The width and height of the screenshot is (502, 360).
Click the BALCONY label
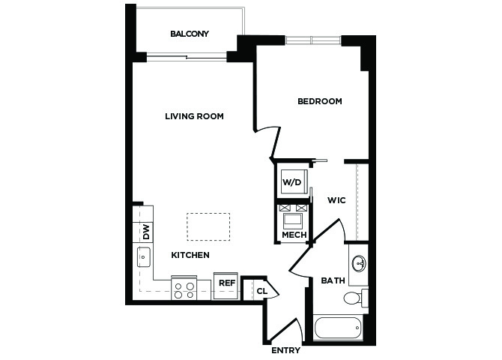pyautogui.click(x=190, y=34)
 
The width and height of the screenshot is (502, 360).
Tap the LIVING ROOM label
pyautogui.click(x=194, y=116)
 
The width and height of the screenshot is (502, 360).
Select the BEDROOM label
pyautogui.click(x=320, y=101)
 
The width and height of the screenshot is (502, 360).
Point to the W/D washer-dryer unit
pyautogui.click(x=294, y=181)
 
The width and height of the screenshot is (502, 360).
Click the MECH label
pyautogui.click(x=294, y=235)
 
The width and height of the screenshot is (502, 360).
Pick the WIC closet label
pyautogui.click(x=336, y=200)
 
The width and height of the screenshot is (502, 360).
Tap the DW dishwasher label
pyautogui.click(x=146, y=232)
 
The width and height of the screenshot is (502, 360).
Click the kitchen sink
pyautogui.click(x=144, y=257)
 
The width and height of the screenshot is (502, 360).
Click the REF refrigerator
pyautogui.click(x=226, y=286)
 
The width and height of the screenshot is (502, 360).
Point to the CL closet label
pyautogui.click(x=262, y=292)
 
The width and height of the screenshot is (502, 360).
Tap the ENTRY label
pyautogui.click(x=285, y=350)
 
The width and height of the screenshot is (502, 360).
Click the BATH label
pyautogui.click(x=333, y=280)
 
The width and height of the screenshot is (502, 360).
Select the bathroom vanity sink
pyautogui.click(x=359, y=263)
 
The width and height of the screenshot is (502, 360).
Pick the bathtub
pyautogui.click(x=338, y=328)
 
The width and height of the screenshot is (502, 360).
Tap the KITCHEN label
pyautogui.click(x=190, y=255)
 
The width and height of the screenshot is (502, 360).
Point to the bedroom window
pyautogui.click(x=313, y=40)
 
